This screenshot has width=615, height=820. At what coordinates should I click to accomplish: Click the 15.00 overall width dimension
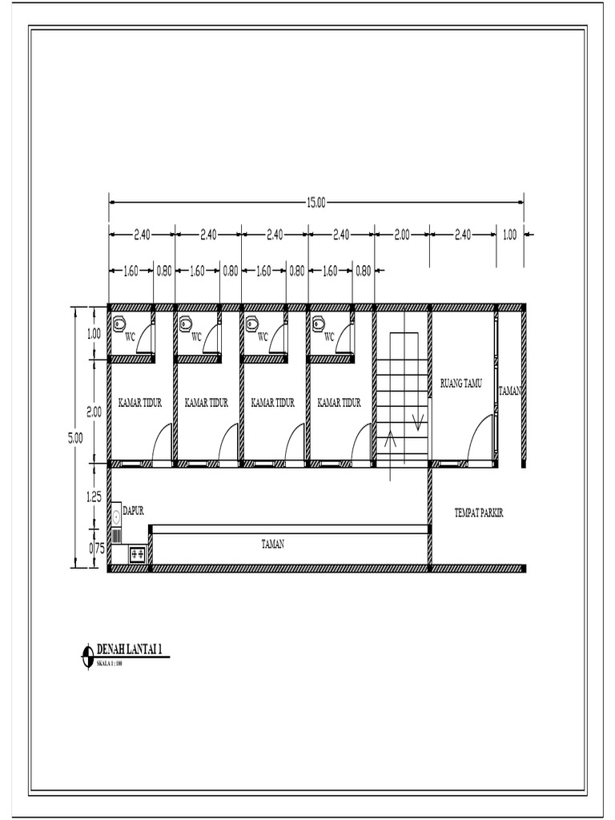click(x=316, y=203)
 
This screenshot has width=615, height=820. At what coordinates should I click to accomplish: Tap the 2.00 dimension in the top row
click(x=402, y=235)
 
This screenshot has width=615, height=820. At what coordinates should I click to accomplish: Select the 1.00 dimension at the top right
click(x=510, y=235)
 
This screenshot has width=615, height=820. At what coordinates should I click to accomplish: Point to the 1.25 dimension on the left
click(x=94, y=497)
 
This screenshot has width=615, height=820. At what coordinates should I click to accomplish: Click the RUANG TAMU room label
click(x=461, y=384)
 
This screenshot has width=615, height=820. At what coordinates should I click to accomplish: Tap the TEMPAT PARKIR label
click(x=483, y=512)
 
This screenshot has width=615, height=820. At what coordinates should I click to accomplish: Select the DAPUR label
click(x=134, y=509)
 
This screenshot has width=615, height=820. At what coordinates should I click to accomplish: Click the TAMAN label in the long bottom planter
click(x=273, y=544)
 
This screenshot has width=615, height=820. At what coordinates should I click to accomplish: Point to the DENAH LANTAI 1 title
click(x=133, y=649)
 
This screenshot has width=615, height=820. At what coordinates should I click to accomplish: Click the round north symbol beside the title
click(x=86, y=655)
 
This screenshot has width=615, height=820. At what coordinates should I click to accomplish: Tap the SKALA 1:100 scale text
click(x=110, y=663)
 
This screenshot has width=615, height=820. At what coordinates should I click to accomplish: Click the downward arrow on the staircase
click(x=416, y=423)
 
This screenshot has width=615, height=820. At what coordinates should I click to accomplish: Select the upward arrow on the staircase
click(x=391, y=439)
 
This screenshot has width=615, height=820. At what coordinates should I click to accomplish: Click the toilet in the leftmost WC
click(x=119, y=324)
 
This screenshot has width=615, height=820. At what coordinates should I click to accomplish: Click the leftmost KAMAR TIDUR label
click(x=140, y=404)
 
